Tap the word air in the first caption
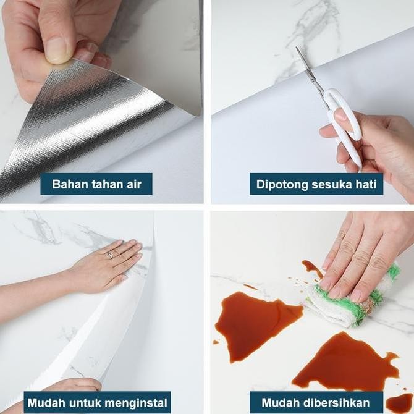pyautogui.click(x=134, y=184)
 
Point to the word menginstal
pyautogui.click(x=136, y=403)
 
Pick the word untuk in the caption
pyautogui.click(x=85, y=403)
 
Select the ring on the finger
pyautogui.click(x=110, y=255)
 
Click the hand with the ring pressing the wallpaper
pyautogui.click(x=106, y=267)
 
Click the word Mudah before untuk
pyautogui.click(x=46, y=403)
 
